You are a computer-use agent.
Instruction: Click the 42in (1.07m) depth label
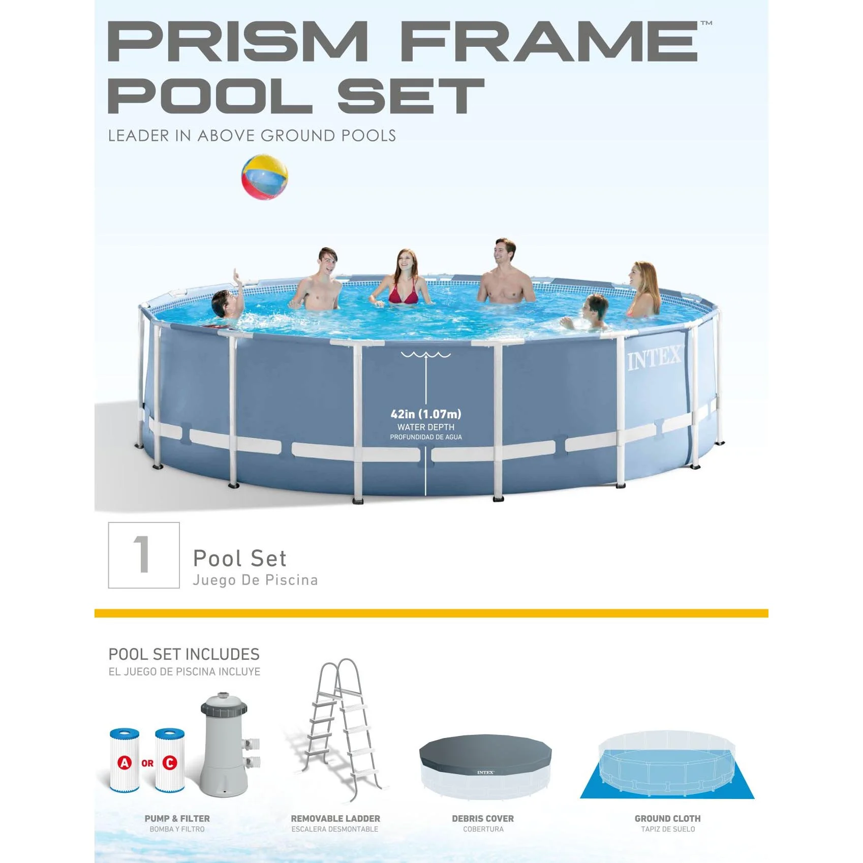click(x=426, y=414)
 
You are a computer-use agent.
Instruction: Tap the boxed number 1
click(x=143, y=555)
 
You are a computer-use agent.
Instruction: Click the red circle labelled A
click(x=125, y=762)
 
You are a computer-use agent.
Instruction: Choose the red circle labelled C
click(x=170, y=762)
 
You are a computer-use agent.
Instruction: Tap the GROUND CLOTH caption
click(x=667, y=818)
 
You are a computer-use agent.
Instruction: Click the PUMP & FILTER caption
click(x=177, y=818)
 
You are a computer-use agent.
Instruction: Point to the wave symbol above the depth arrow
click(x=425, y=354)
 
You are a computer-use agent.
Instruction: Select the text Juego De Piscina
click(x=255, y=580)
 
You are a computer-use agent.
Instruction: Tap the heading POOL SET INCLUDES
click(x=184, y=654)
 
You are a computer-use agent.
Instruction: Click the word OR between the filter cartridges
click(x=147, y=763)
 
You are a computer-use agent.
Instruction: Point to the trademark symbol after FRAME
click(x=706, y=23)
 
